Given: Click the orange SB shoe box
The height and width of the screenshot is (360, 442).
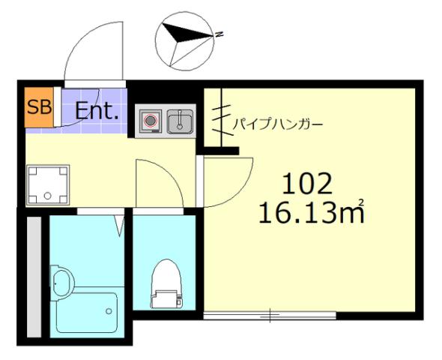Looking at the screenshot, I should pos(39,106).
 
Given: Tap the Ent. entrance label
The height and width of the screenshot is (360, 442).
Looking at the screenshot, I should pos(97,112).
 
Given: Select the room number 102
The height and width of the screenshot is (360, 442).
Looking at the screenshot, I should pos(306,183).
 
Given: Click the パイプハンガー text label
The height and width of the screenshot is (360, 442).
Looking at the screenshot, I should pos(278,124).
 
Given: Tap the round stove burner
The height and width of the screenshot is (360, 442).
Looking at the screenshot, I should pos(150,121).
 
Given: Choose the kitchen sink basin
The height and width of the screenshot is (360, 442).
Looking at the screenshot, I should pos(180,121).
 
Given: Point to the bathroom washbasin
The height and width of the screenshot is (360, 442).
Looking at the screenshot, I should pos(64,282).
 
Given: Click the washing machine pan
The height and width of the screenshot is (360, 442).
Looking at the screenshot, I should pos(48,184).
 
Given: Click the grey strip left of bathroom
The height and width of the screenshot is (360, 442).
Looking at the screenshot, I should pos(33,276).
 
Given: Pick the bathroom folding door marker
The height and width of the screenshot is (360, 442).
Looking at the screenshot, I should pos(119,223).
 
